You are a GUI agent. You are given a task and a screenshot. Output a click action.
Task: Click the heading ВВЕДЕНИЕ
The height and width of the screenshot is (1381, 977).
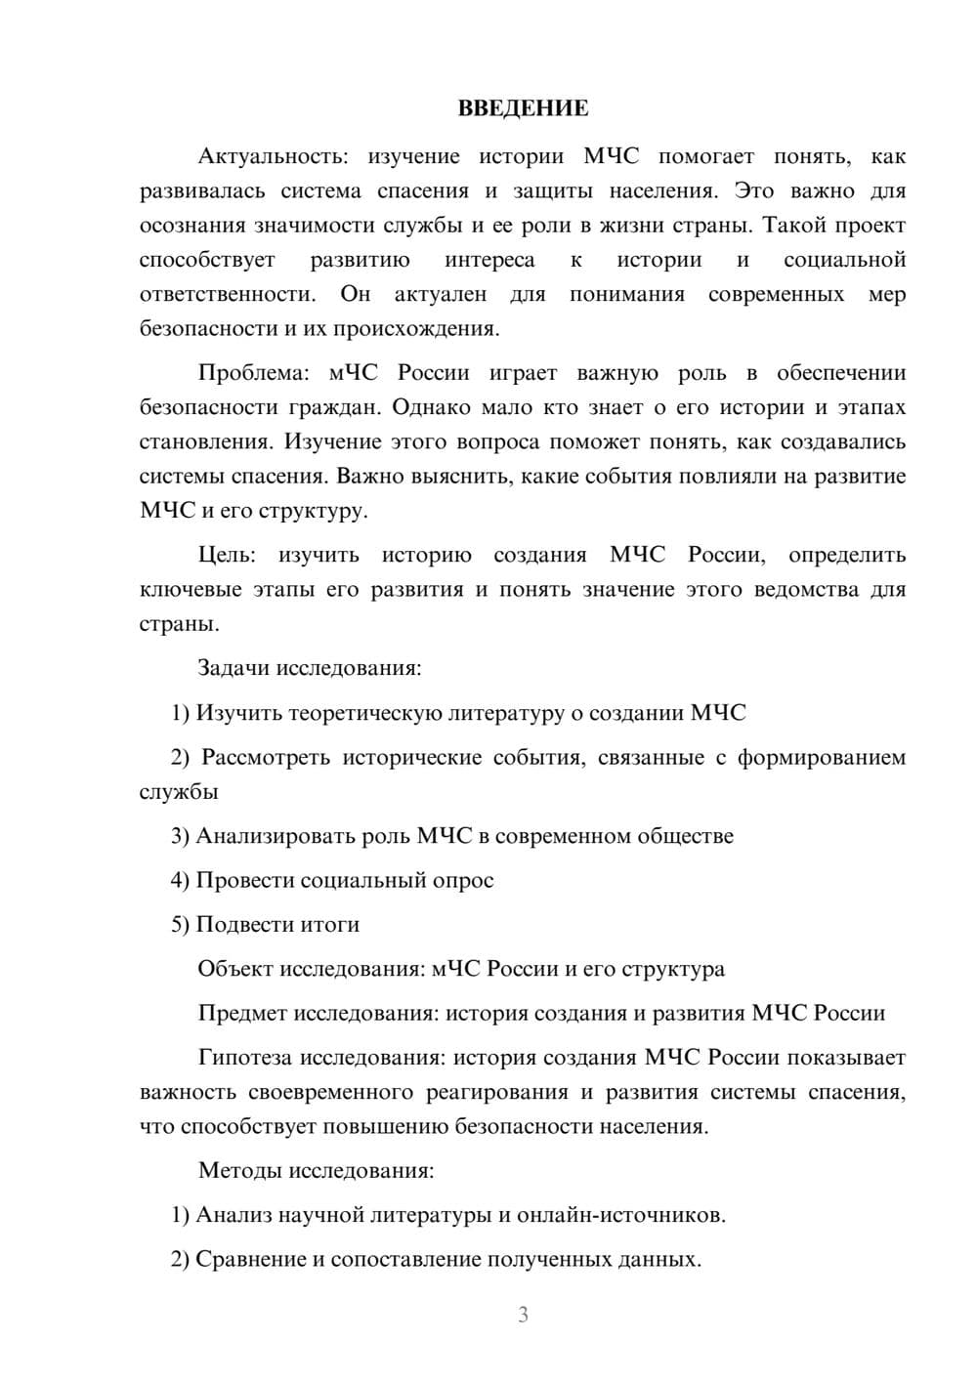[x=523, y=108]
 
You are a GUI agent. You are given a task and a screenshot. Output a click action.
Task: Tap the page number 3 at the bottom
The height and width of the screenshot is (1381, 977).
[x=523, y=1315]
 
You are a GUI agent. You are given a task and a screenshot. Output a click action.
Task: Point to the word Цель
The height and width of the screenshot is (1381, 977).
[x=227, y=555]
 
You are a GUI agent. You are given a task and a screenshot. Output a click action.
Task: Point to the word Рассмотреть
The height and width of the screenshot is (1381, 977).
[x=266, y=757]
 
